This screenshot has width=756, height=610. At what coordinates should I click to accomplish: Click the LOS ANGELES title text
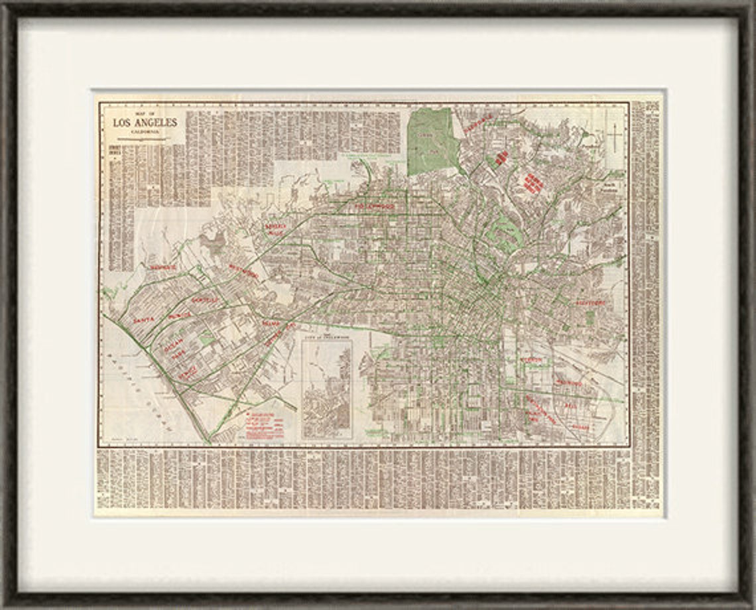click(x=145, y=123)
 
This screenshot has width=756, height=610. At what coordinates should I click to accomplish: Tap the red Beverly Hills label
click(x=275, y=229)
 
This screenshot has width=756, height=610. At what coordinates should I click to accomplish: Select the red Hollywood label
click(x=374, y=206)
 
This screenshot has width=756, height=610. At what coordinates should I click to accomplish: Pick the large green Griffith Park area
click(x=432, y=141)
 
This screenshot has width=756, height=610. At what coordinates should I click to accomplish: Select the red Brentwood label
click(x=163, y=267)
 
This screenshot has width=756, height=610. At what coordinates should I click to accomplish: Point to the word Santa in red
click(x=143, y=320)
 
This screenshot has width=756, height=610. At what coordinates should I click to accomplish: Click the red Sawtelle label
click(x=205, y=300)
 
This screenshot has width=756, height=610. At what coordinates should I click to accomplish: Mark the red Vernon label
click(x=531, y=360)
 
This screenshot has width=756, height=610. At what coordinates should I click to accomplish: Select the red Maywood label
click(x=570, y=383)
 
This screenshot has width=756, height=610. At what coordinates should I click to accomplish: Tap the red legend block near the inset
click(x=264, y=424)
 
